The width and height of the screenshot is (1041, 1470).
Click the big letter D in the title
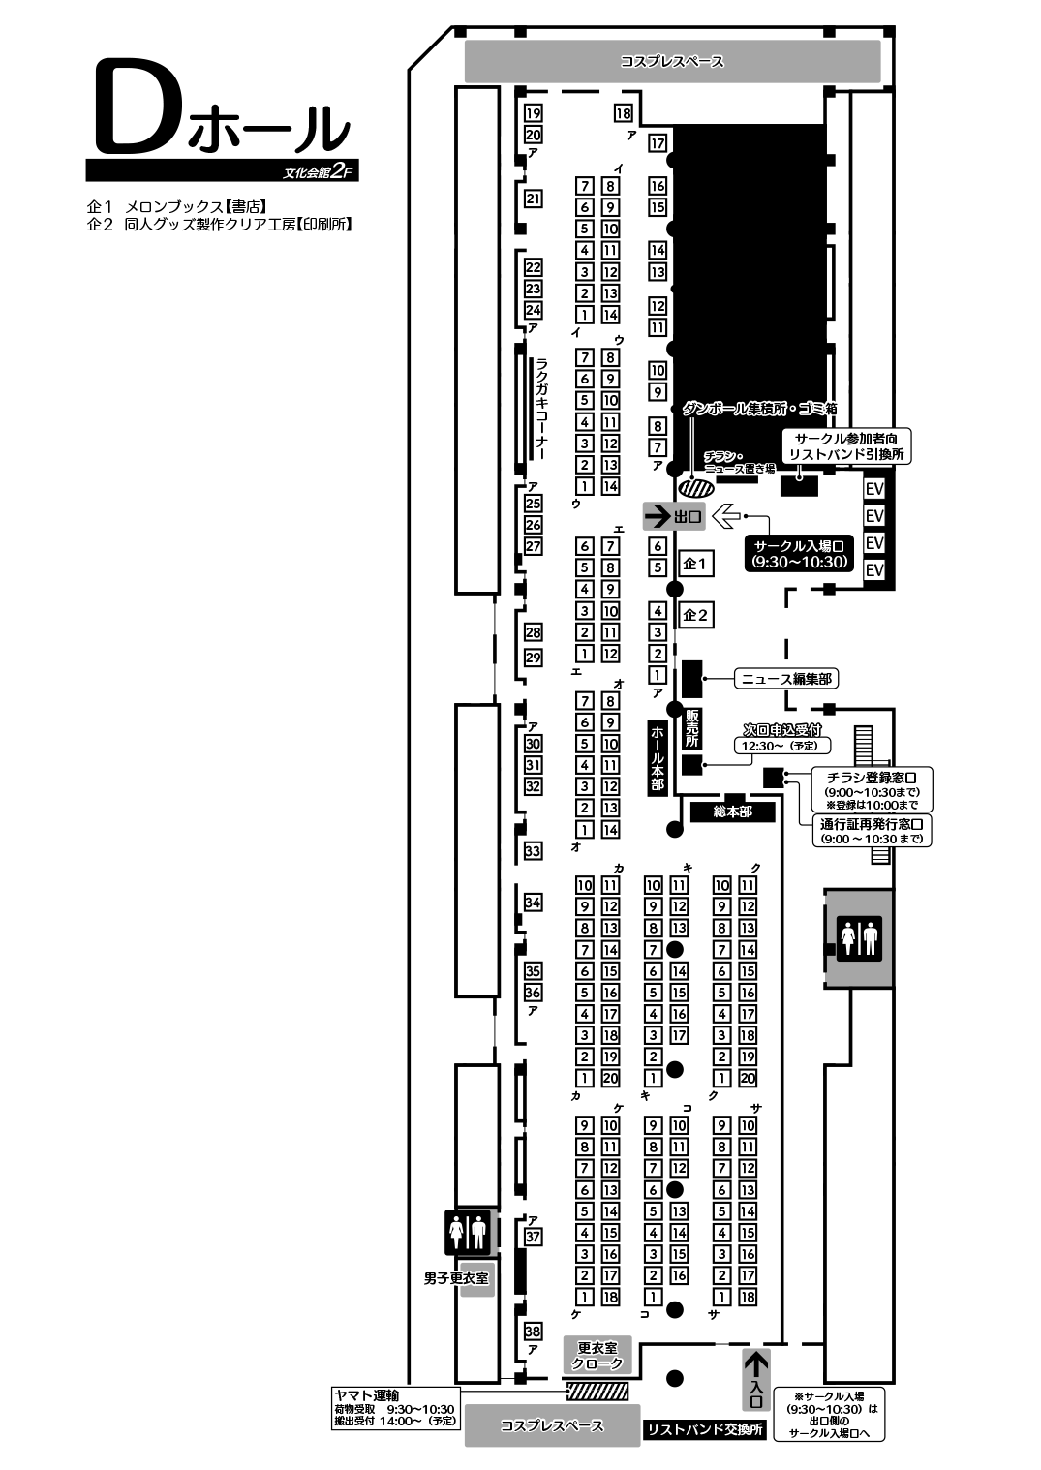137,107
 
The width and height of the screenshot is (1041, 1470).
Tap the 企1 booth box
695,563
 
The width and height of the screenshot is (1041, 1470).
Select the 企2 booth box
695,615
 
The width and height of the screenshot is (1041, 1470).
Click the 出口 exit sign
674,516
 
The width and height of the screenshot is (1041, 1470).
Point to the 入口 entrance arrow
756,1379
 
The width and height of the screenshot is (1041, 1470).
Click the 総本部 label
732,812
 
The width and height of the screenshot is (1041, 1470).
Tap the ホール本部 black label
658,758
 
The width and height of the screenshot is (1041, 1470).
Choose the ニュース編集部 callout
785,679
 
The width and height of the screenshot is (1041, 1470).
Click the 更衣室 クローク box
597,1355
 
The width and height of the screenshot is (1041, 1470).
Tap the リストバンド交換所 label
705,1429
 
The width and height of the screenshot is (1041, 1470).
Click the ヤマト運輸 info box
395,1408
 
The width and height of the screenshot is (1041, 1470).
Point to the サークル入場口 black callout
799,553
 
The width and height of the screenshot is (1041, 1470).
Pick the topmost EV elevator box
874,489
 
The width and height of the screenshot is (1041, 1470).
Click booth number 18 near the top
623,113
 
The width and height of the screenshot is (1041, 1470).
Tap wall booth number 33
533,851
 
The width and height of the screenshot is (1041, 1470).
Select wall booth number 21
533,199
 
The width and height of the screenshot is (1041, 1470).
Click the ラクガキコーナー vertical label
541,409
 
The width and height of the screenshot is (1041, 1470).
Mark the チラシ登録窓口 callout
871,789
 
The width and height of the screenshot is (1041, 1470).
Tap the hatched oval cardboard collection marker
695,488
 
